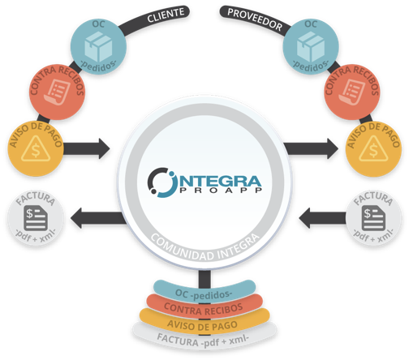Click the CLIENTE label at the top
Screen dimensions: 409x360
point(166,15)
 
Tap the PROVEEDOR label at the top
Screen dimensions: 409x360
point(255,19)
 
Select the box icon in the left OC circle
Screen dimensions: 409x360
point(98,46)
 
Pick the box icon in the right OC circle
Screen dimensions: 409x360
point(311,46)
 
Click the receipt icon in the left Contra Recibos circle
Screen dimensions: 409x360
point(58,92)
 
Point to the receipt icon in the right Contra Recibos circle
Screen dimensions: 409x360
point(352,92)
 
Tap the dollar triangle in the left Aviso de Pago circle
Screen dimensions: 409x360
point(36,149)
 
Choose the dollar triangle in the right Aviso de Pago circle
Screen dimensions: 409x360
point(373,149)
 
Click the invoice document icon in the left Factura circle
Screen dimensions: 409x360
point(36,218)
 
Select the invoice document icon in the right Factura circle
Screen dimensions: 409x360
point(373,218)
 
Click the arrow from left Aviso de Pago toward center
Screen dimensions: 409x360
point(87,148)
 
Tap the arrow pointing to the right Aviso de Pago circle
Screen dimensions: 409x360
point(311,148)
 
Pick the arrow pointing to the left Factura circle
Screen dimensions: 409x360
point(98,218)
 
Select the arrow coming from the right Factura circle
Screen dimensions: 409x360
point(322,218)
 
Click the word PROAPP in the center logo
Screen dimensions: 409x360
point(221,190)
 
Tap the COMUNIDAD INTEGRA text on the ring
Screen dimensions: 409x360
point(204,249)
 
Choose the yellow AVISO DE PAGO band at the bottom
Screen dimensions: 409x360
point(204,321)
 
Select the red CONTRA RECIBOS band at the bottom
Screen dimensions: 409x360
point(204,306)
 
